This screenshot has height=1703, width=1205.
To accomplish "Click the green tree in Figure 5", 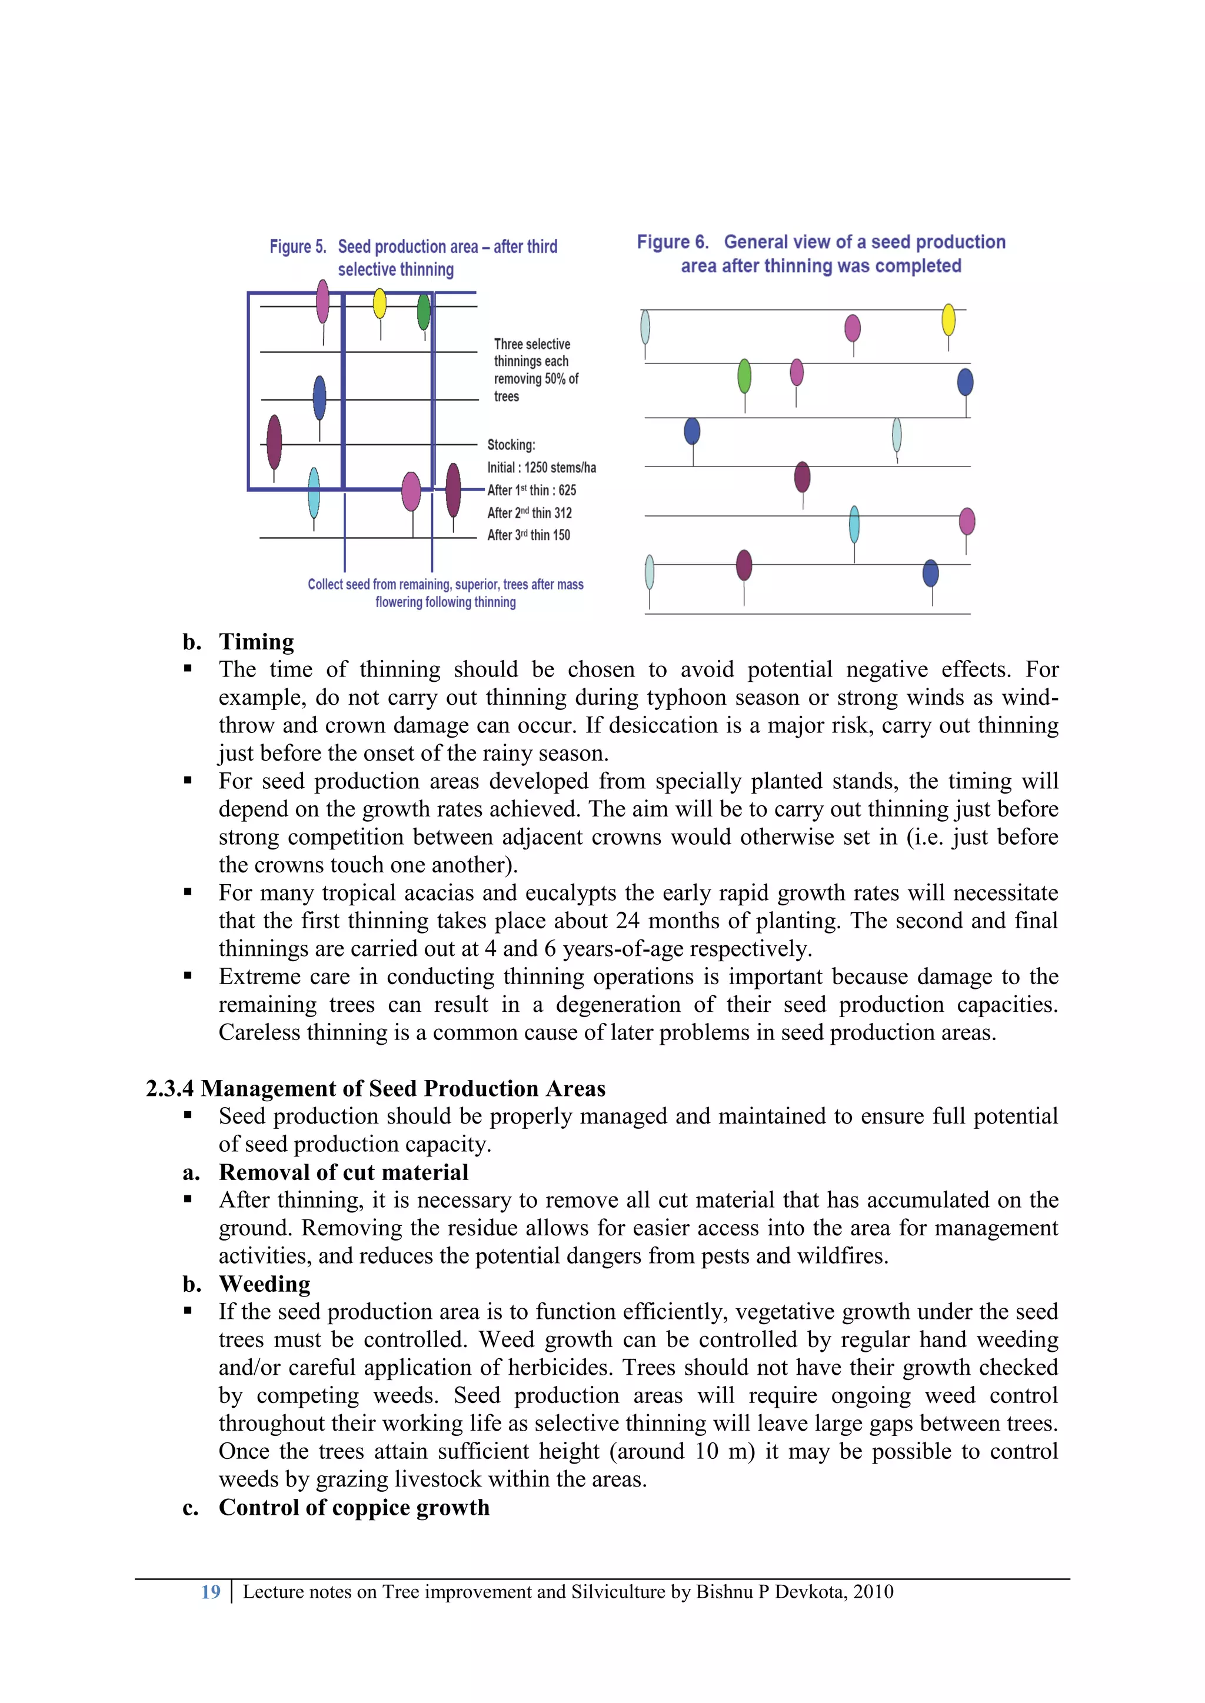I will tap(424, 312).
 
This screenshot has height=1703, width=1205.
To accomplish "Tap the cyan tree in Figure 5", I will tap(314, 492).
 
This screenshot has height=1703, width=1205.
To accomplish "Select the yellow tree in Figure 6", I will tap(948, 319).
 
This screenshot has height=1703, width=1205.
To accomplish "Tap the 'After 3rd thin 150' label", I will tap(528, 535).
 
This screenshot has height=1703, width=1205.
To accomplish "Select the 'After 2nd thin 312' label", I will tap(529, 512).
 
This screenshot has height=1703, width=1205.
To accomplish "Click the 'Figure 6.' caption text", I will tap(673, 242).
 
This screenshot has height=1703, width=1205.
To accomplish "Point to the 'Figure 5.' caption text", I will tap(298, 246).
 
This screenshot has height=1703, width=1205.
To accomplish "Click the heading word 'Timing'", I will tap(256, 642).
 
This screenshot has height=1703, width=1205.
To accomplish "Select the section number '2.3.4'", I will tap(170, 1088).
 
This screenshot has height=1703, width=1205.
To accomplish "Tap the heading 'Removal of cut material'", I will tap(344, 1172).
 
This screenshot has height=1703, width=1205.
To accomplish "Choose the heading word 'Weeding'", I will tap(264, 1284).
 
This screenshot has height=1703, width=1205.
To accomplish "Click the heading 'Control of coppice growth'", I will tap(354, 1507).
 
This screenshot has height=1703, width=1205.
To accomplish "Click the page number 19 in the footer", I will tap(211, 1592).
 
